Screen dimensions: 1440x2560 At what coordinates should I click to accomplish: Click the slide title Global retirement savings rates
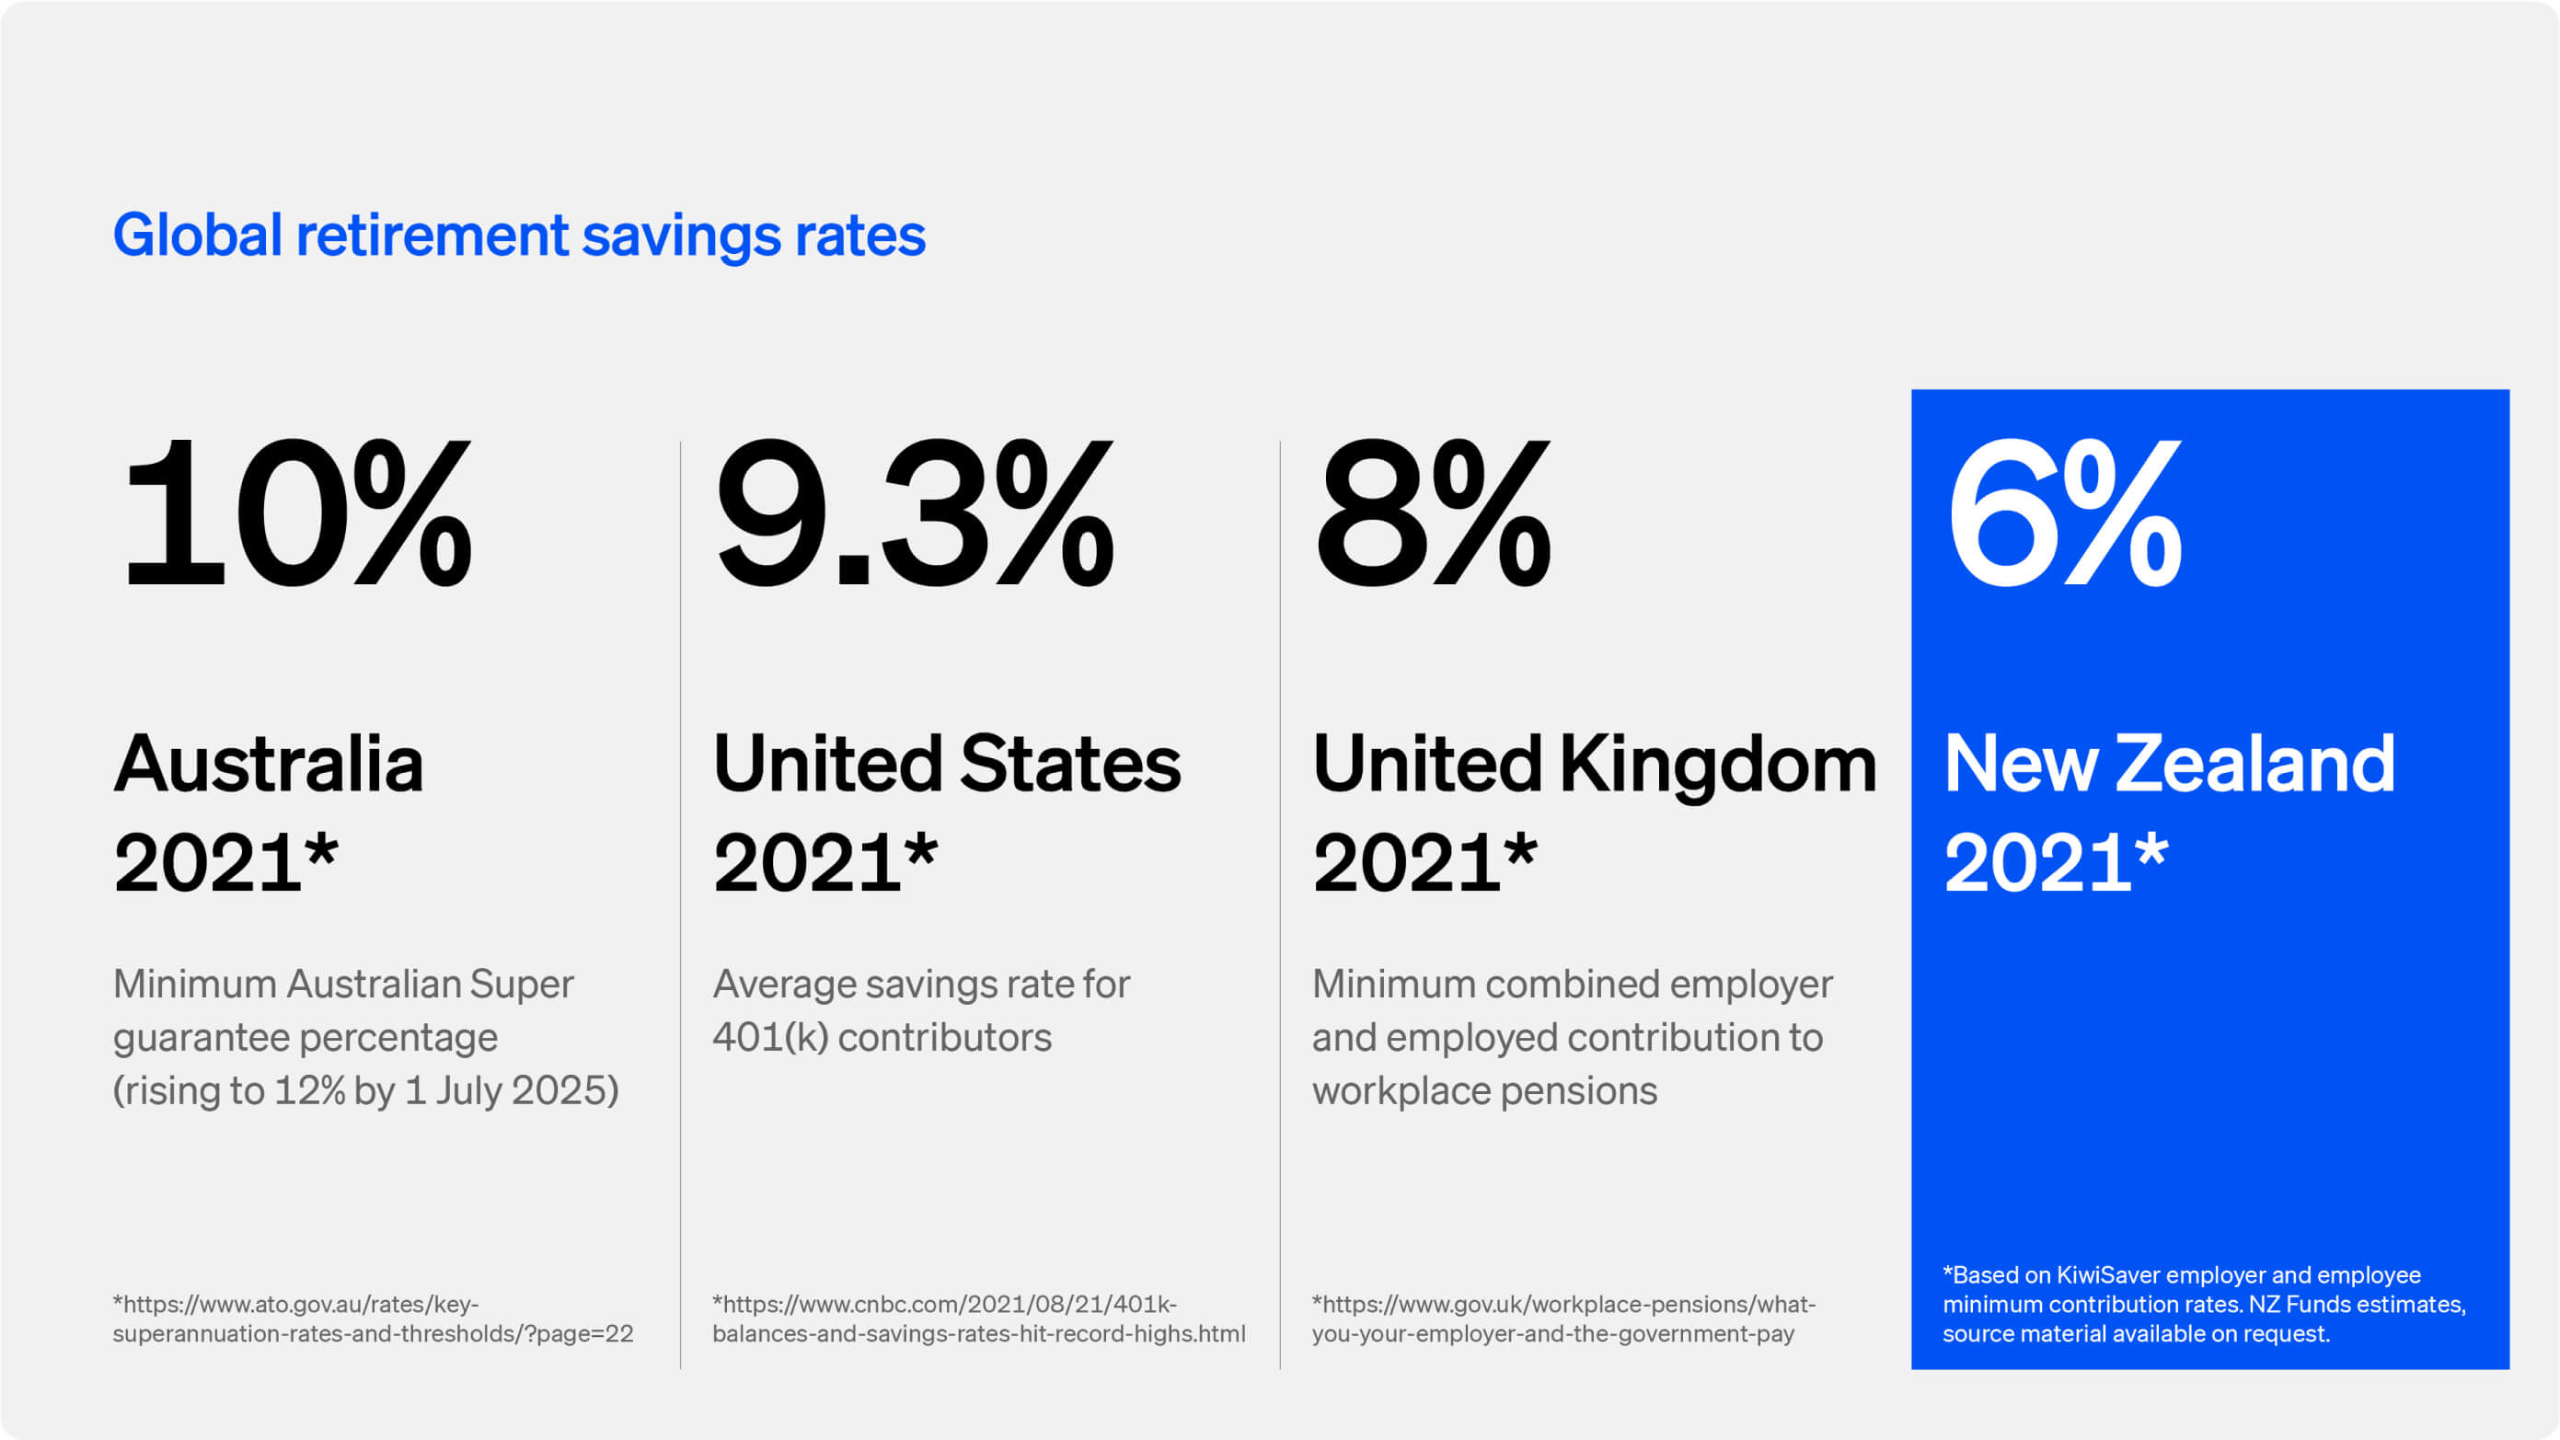pos(519,236)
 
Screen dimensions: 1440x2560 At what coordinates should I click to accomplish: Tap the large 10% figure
pos(295,514)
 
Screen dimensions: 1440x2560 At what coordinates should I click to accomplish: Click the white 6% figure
pos(2063,514)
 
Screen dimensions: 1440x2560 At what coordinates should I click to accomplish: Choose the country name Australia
pos(269,765)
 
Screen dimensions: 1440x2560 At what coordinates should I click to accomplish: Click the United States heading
pos(946,765)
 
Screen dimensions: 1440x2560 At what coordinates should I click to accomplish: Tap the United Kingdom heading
pos(1594,765)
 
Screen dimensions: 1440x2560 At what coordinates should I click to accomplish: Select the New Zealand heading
pos(2168,765)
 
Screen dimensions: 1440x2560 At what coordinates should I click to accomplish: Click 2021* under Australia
pos(225,861)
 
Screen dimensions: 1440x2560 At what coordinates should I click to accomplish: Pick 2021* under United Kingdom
pos(1424,861)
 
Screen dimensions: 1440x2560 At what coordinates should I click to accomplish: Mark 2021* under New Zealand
pos(2055,861)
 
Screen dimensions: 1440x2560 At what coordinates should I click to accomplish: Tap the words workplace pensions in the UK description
pos(1483,1091)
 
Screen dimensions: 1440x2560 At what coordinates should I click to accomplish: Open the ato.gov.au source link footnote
pos(373,1319)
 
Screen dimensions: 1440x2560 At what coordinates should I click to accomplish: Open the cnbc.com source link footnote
pos(978,1319)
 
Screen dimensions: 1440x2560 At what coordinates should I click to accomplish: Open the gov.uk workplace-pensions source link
pos(1563,1319)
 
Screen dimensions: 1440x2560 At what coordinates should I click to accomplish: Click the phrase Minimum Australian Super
pos(343,984)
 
